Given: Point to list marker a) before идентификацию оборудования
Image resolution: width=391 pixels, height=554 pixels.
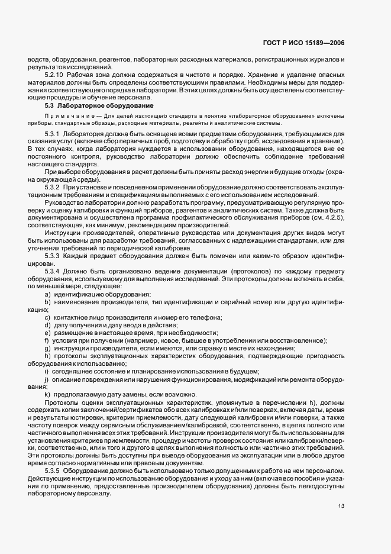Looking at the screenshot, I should pyautogui.click(x=47, y=294).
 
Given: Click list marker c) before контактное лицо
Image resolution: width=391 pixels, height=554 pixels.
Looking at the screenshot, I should pyautogui.click(x=47, y=317).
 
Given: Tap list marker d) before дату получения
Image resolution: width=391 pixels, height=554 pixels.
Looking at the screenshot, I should pyautogui.click(x=47, y=325).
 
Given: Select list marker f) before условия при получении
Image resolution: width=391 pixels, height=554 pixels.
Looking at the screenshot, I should pyautogui.click(x=46, y=340).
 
